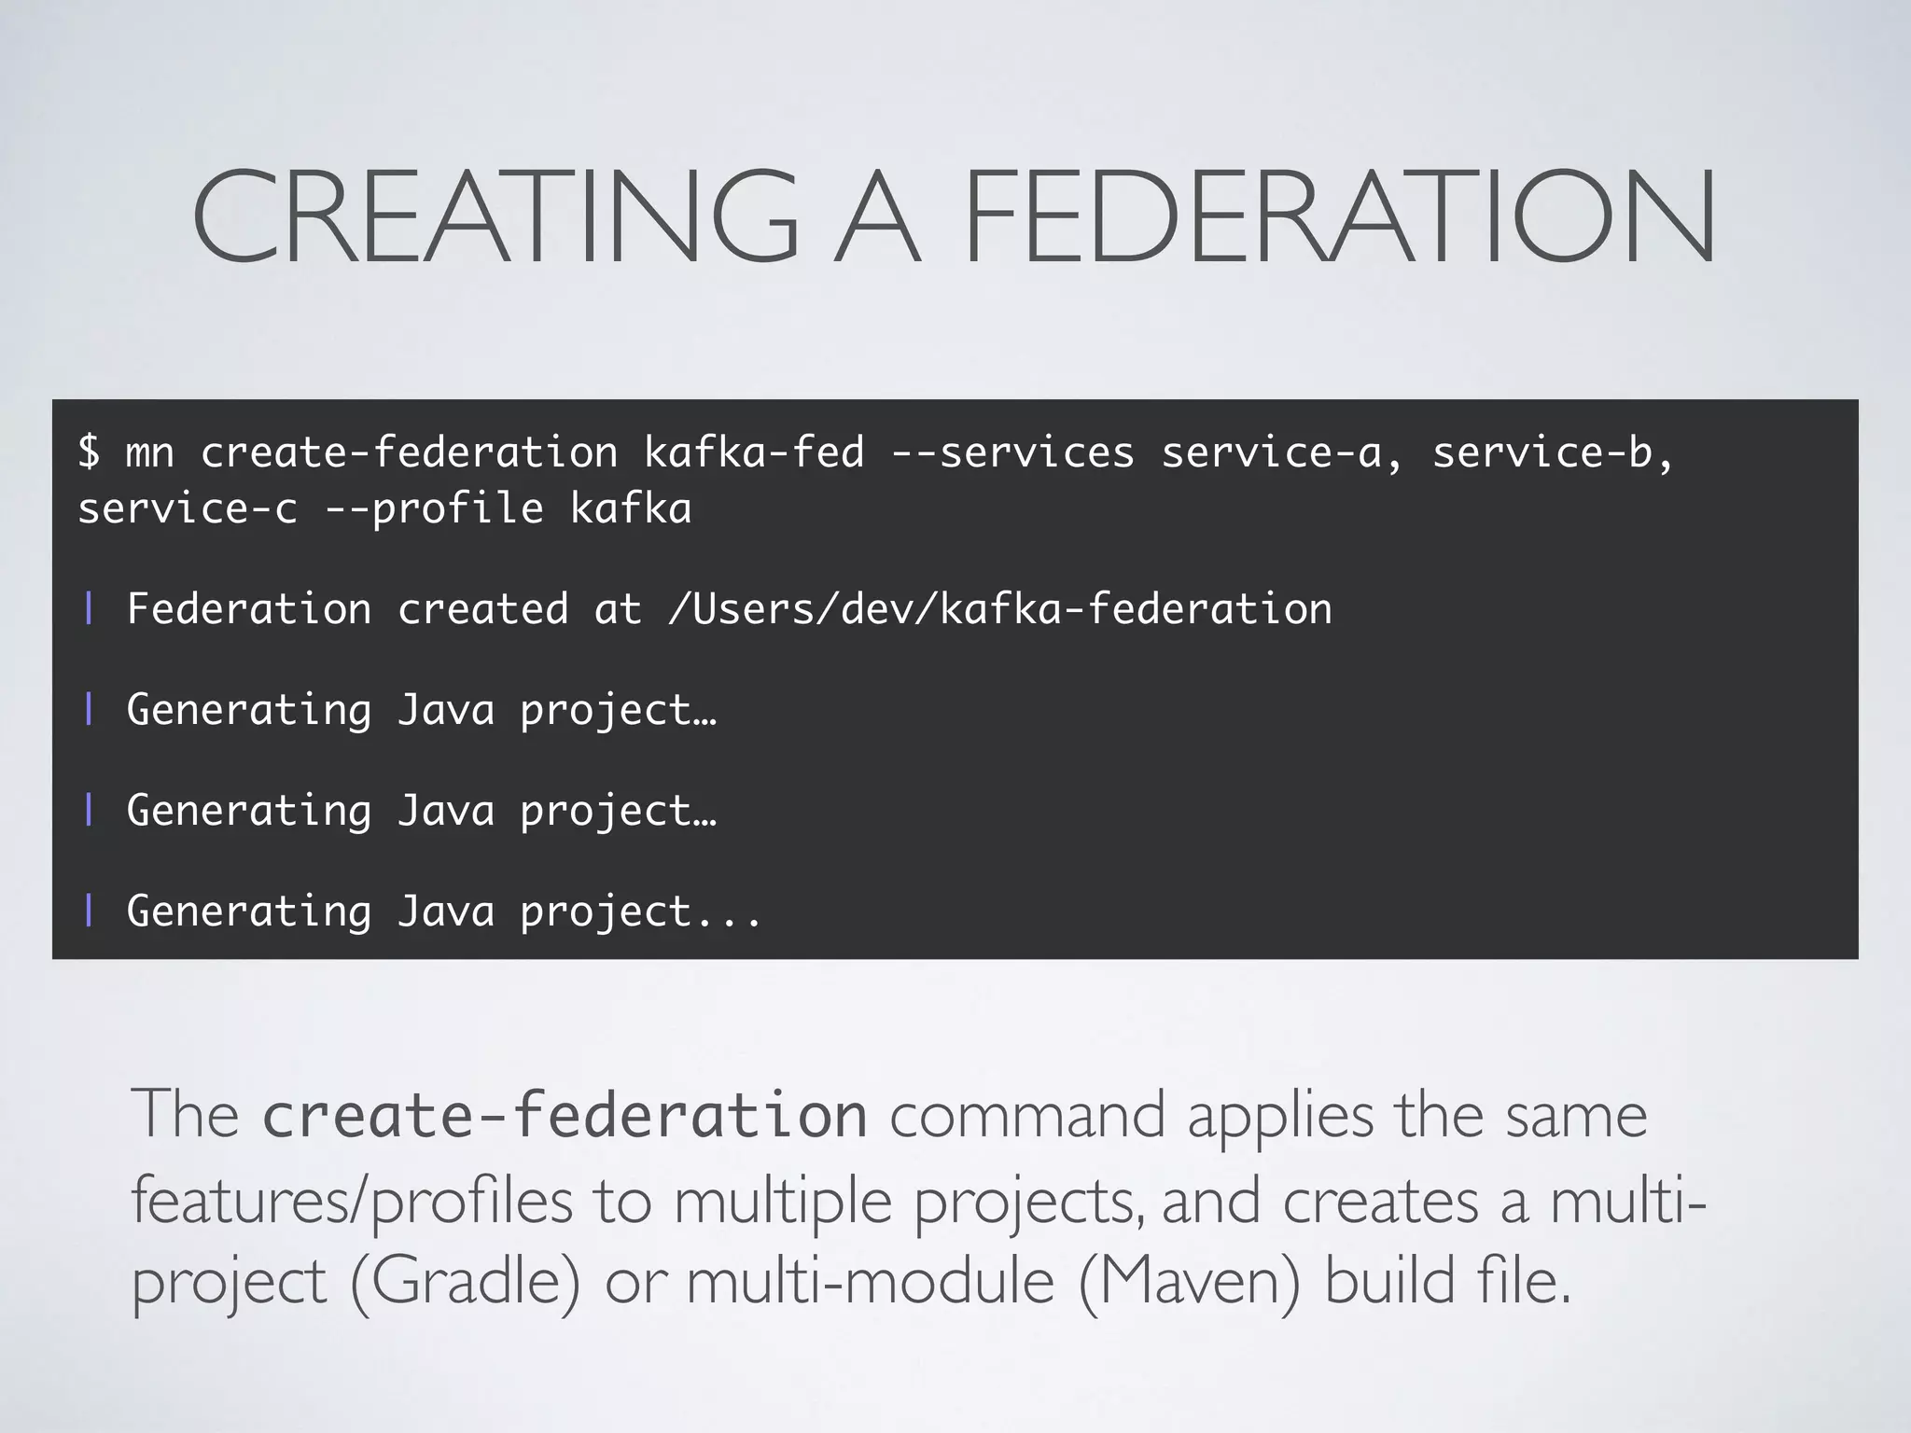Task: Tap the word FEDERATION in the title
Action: coord(1338,216)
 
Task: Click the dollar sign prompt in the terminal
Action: coord(89,452)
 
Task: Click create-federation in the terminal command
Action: coord(409,452)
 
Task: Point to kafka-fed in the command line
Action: coord(754,452)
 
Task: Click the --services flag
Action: coord(1012,452)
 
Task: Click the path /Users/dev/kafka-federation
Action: coord(999,609)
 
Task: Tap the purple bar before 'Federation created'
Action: coord(89,609)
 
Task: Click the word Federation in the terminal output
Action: coord(249,609)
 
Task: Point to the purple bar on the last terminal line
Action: coord(89,911)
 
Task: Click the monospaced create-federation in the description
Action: coord(565,1116)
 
